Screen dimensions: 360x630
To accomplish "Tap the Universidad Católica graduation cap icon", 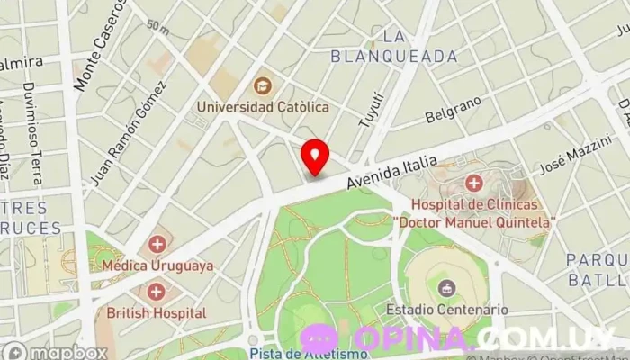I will click(263, 86).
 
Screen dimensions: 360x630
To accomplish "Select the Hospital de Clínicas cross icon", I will click(474, 184).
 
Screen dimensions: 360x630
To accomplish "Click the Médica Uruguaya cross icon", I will click(157, 244).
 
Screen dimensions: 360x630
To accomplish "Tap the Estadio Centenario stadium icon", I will click(445, 288).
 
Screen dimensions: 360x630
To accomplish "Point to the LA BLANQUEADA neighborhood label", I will click(394, 46).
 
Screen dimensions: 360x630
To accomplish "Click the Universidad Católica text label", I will click(264, 107).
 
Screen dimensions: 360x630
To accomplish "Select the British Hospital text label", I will click(157, 313).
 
